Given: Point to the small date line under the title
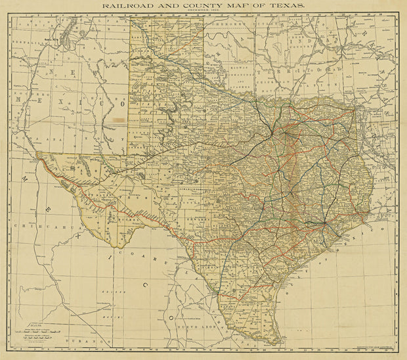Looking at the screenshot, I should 203,11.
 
